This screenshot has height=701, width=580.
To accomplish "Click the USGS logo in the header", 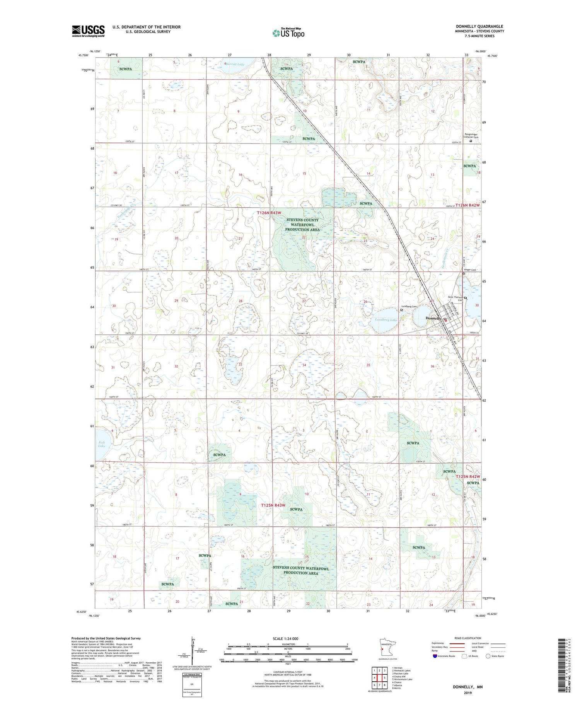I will pyautogui.click(x=88, y=31).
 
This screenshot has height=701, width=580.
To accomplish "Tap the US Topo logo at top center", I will pyautogui.click(x=288, y=33).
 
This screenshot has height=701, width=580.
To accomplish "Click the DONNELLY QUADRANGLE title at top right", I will pyautogui.click(x=479, y=26).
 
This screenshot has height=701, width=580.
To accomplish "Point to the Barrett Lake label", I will pyautogui.click(x=235, y=64).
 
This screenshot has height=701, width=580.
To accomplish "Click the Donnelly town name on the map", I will pyautogui.click(x=433, y=318).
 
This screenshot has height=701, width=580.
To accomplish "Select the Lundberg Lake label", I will pyautogui.click(x=386, y=320).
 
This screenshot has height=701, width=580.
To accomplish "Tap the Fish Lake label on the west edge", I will pyautogui.click(x=101, y=444).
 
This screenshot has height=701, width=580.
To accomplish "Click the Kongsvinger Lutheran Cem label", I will pyautogui.click(x=471, y=136).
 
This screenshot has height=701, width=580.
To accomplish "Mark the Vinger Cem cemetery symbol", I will pyautogui.click(x=464, y=273).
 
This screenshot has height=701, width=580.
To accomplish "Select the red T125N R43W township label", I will pyautogui.click(x=273, y=505).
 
